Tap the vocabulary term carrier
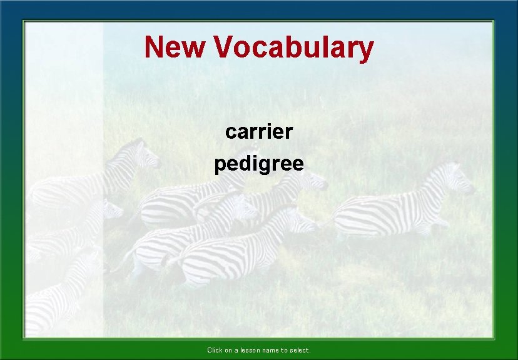click(x=259, y=132)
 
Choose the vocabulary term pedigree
click(x=259, y=164)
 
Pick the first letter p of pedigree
click(x=220, y=166)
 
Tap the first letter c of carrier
click(x=230, y=132)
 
